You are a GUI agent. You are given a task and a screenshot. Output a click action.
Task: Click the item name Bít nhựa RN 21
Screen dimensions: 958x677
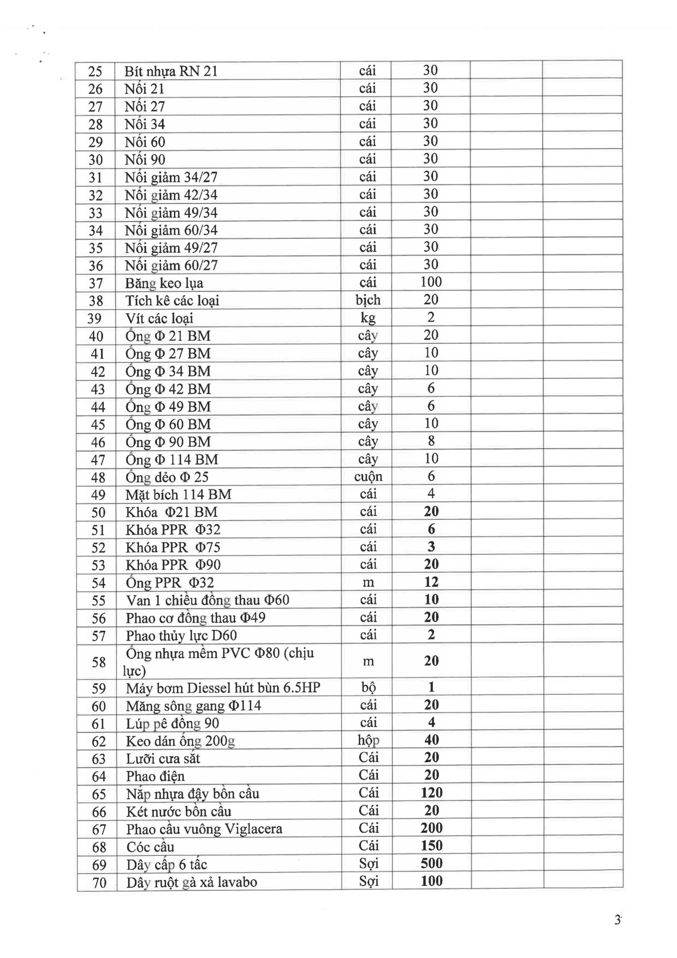pos(171,71)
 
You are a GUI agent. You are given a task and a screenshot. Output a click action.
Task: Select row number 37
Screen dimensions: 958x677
pos(95,283)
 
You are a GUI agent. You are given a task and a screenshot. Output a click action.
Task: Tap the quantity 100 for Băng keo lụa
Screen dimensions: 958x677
pos(431,282)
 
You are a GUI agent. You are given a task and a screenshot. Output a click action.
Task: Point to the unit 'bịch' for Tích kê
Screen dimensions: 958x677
pos(368,300)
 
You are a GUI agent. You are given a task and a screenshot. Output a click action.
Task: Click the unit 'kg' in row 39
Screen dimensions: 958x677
pos(368,318)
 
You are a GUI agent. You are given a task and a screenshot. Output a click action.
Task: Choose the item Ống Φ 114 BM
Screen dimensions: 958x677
pos(172,460)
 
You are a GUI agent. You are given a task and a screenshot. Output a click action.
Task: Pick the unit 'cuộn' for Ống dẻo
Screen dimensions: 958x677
pos(368,476)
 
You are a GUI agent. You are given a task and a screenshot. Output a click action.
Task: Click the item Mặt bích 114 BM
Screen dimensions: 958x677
pos(178,494)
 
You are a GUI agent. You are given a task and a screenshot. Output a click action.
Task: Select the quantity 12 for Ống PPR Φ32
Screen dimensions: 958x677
pos(431,582)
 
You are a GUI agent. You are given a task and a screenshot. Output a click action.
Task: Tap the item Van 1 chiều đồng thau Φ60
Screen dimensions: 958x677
pos(207,600)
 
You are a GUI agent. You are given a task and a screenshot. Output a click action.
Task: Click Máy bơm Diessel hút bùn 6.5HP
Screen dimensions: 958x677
pos(223,687)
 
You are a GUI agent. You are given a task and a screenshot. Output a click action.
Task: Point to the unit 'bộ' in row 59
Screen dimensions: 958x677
pos(369,687)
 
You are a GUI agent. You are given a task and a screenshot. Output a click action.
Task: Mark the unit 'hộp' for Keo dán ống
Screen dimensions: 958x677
pos(369,740)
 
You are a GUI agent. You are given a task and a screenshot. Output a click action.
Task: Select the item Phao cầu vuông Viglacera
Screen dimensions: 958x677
pos(204,829)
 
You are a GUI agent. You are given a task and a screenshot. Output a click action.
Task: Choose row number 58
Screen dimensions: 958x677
pos(98,662)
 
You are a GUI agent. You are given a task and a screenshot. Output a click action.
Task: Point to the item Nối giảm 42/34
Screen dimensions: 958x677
pos(171,195)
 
